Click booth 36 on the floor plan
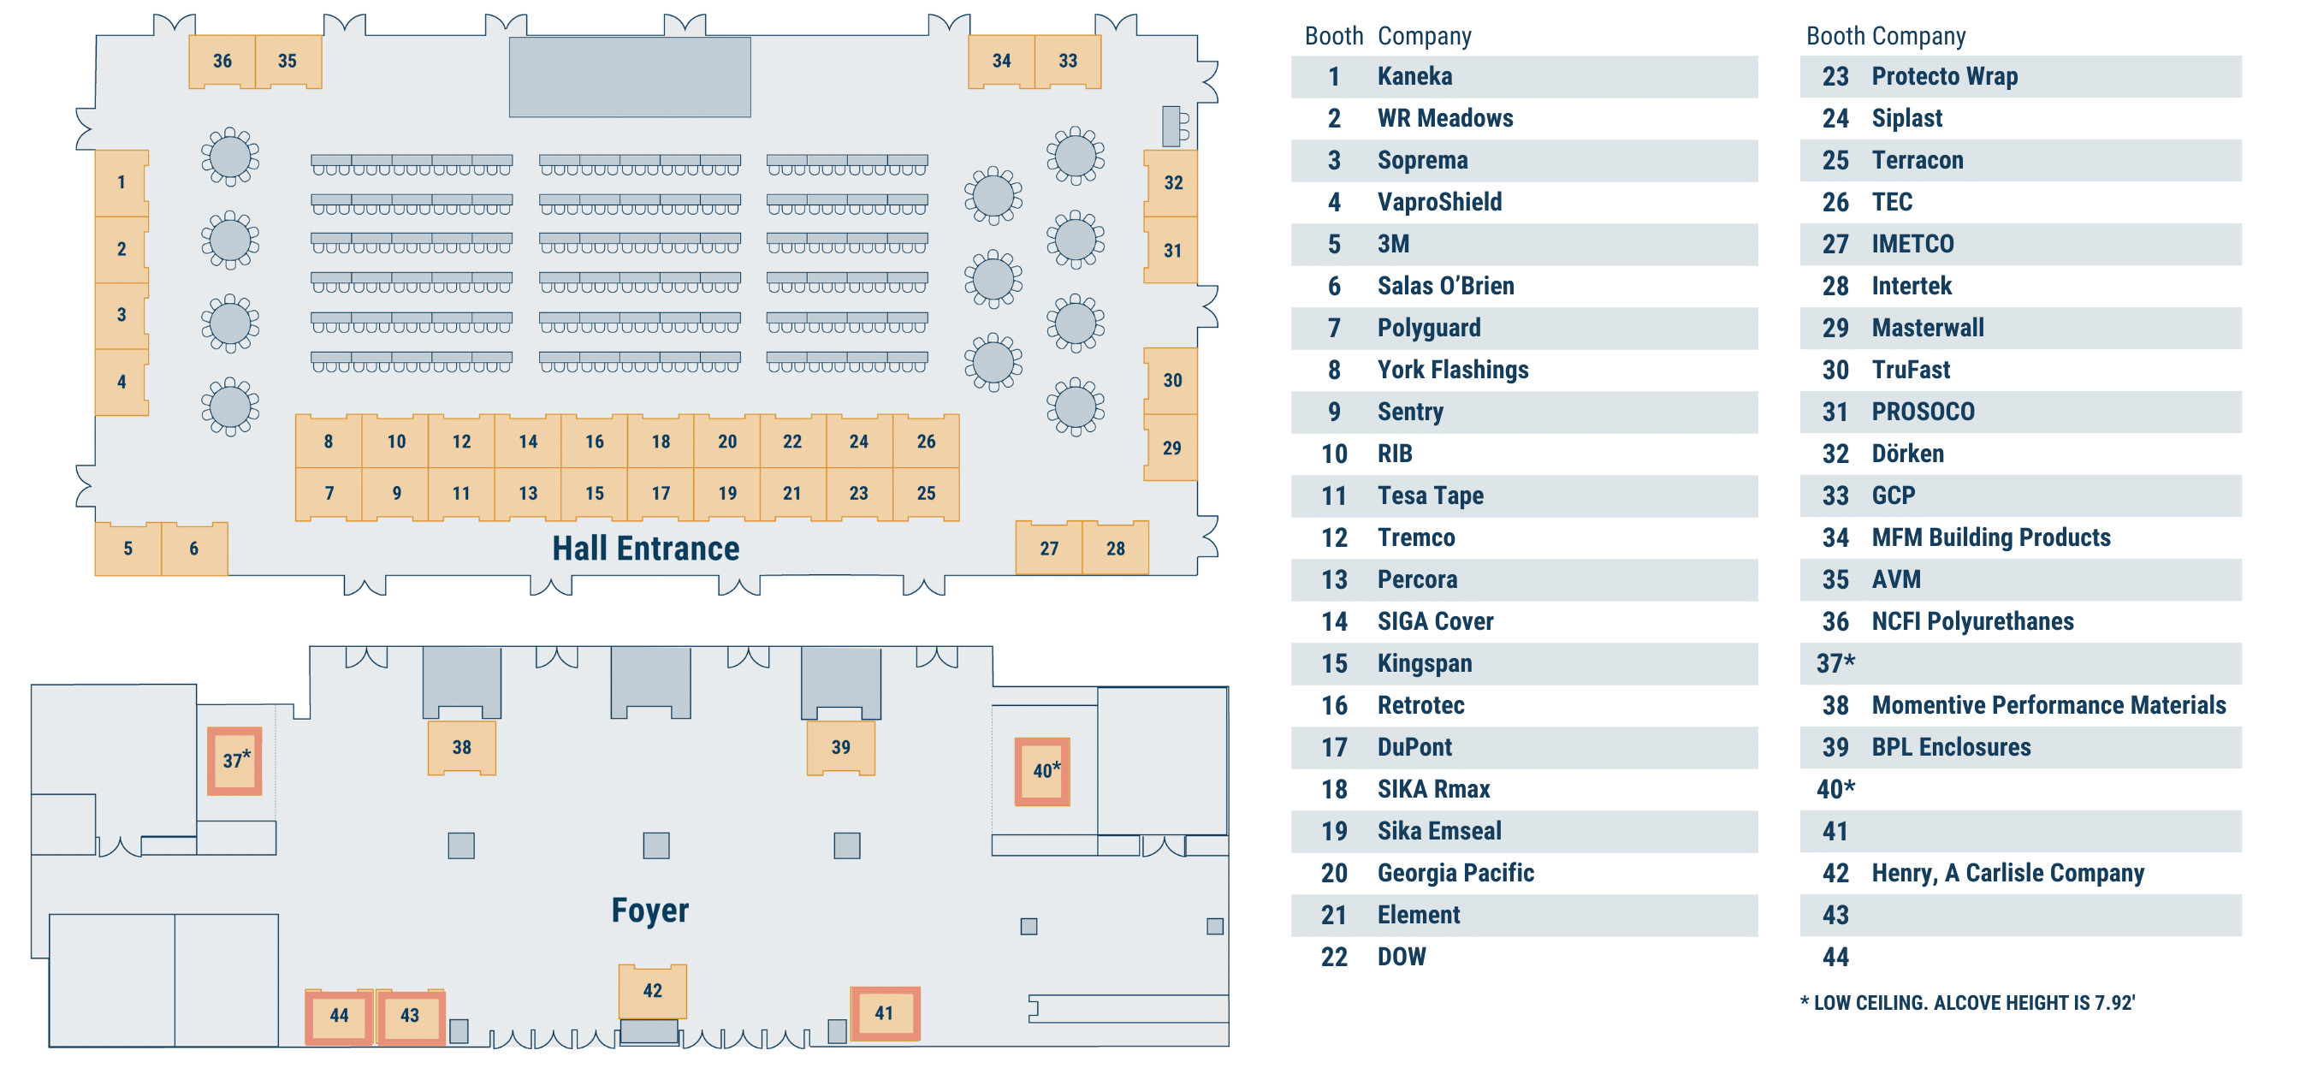pyautogui.click(x=222, y=61)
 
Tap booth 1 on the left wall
pyautogui.click(x=122, y=182)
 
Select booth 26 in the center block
pyautogui.click(x=926, y=441)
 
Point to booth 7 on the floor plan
pyautogui.click(x=329, y=493)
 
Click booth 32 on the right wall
pyautogui.click(x=1172, y=182)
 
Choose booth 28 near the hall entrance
pyautogui.click(x=1115, y=549)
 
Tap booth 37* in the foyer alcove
pyautogui.click(x=234, y=761)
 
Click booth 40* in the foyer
pyautogui.click(x=1043, y=772)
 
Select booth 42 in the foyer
pyautogui.click(x=653, y=990)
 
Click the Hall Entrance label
pyautogui.click(x=645, y=549)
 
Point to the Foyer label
pyautogui.click(x=650, y=910)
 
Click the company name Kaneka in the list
pyautogui.click(x=1414, y=77)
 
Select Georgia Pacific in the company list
pyautogui.click(x=1455, y=872)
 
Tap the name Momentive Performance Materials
pyautogui.click(x=2048, y=705)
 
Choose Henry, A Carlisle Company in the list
pyautogui.click(x=2007, y=872)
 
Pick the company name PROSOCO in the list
pyautogui.click(x=1923, y=412)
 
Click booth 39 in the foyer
pyautogui.click(x=840, y=747)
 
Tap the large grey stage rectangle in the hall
pyautogui.click(x=630, y=77)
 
